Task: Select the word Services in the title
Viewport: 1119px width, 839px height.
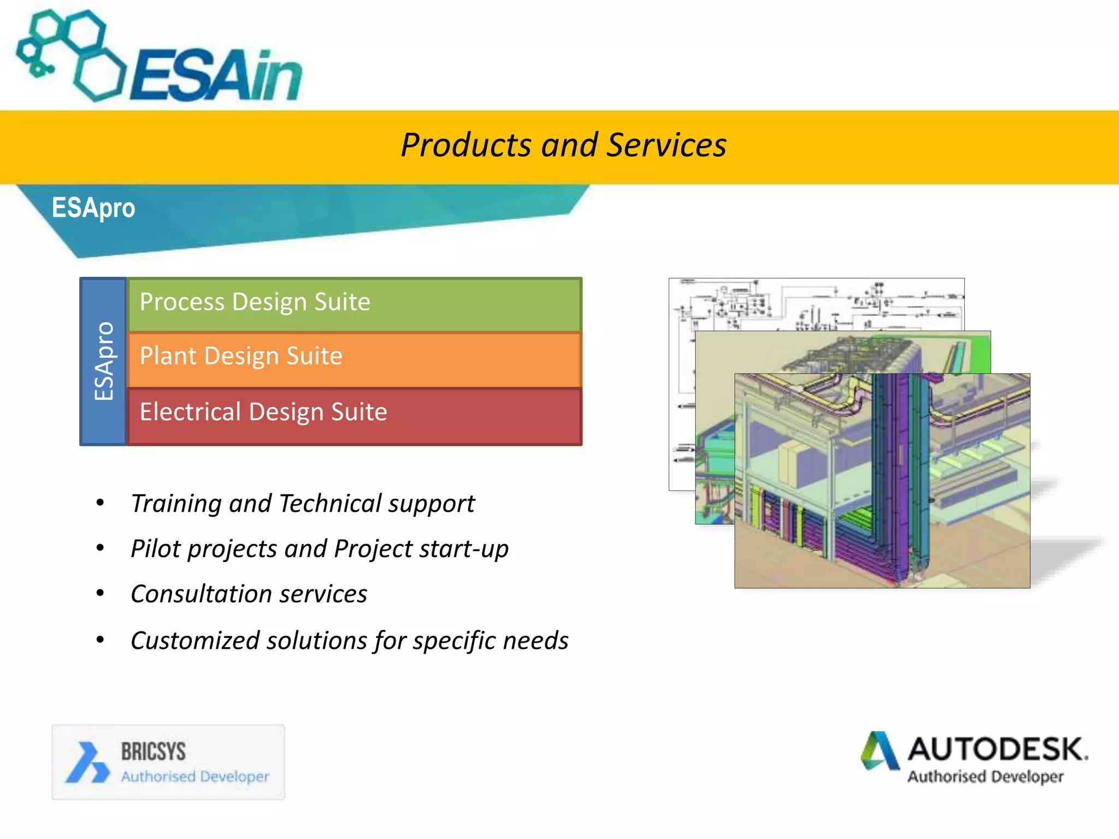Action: pyautogui.click(x=667, y=145)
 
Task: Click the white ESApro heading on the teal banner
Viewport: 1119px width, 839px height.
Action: pyautogui.click(x=93, y=208)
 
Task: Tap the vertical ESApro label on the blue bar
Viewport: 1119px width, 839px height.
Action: pyautogui.click(x=104, y=361)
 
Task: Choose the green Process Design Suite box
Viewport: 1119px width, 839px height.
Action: pyautogui.click(x=354, y=304)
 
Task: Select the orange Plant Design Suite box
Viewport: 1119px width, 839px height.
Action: pyautogui.click(x=354, y=358)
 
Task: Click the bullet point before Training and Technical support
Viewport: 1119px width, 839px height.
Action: pyautogui.click(x=100, y=503)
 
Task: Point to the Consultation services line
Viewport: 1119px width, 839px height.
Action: pyautogui.click(x=249, y=594)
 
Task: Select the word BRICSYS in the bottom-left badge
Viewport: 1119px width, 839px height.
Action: pyautogui.click(x=154, y=752)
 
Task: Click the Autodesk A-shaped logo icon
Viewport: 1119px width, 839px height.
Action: pyautogui.click(x=880, y=751)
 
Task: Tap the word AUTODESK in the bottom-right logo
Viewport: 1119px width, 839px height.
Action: pyautogui.click(x=997, y=749)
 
